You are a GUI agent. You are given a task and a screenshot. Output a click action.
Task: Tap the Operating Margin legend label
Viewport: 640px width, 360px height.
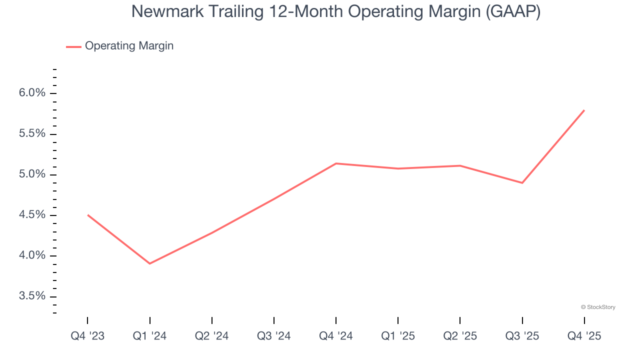point(129,46)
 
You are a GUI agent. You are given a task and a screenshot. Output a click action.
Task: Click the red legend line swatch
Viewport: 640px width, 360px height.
point(73,46)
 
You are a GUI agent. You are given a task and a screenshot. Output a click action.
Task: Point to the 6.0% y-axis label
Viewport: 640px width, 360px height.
point(31,93)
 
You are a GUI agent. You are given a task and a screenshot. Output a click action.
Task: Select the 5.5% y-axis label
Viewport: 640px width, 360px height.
point(31,134)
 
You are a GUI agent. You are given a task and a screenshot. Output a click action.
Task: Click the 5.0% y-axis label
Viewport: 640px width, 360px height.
point(31,174)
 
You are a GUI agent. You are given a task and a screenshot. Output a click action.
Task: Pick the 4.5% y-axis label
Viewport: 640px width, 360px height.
point(31,215)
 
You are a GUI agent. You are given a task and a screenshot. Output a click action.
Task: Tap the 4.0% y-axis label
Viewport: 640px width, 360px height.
point(31,255)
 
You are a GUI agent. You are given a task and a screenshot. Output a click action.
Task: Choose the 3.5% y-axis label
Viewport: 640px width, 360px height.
point(31,296)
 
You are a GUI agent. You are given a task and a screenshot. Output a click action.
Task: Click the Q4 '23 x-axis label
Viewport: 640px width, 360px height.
point(87,336)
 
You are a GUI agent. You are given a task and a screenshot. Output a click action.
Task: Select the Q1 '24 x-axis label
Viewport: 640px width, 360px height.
point(149,336)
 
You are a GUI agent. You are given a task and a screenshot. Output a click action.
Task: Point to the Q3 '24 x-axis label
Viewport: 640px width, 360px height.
point(273,336)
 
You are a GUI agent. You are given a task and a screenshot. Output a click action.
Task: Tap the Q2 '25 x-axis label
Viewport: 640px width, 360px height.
point(460,336)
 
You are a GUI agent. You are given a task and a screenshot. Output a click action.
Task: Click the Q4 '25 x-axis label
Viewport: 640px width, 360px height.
point(584,336)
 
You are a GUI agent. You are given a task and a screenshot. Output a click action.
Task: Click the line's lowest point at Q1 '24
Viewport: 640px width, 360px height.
point(149,263)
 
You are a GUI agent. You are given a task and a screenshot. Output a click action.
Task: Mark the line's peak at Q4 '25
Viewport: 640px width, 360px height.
point(584,110)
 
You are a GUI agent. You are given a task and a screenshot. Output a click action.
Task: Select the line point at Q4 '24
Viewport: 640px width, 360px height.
point(335,163)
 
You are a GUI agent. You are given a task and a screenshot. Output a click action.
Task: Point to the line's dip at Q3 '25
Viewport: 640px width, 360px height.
point(522,183)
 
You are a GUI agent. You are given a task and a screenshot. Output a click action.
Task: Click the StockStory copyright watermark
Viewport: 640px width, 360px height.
point(598,307)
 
